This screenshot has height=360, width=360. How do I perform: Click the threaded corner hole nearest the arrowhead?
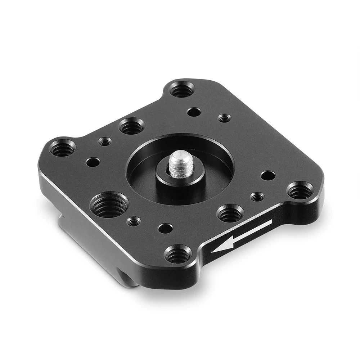point(178,254)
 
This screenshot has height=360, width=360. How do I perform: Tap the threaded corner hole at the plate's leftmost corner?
point(63,148)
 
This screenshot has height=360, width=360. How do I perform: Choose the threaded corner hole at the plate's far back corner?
point(182,89)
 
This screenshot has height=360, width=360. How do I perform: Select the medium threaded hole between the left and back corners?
point(131,126)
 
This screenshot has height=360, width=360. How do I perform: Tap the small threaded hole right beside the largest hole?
point(134,221)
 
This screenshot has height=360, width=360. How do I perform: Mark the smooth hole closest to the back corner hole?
point(194,112)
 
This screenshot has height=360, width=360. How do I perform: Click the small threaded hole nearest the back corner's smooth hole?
point(224,118)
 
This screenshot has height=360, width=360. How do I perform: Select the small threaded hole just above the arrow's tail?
point(257,197)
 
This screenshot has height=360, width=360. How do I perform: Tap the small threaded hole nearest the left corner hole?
point(105,141)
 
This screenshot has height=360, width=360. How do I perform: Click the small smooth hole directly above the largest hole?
point(93,162)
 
